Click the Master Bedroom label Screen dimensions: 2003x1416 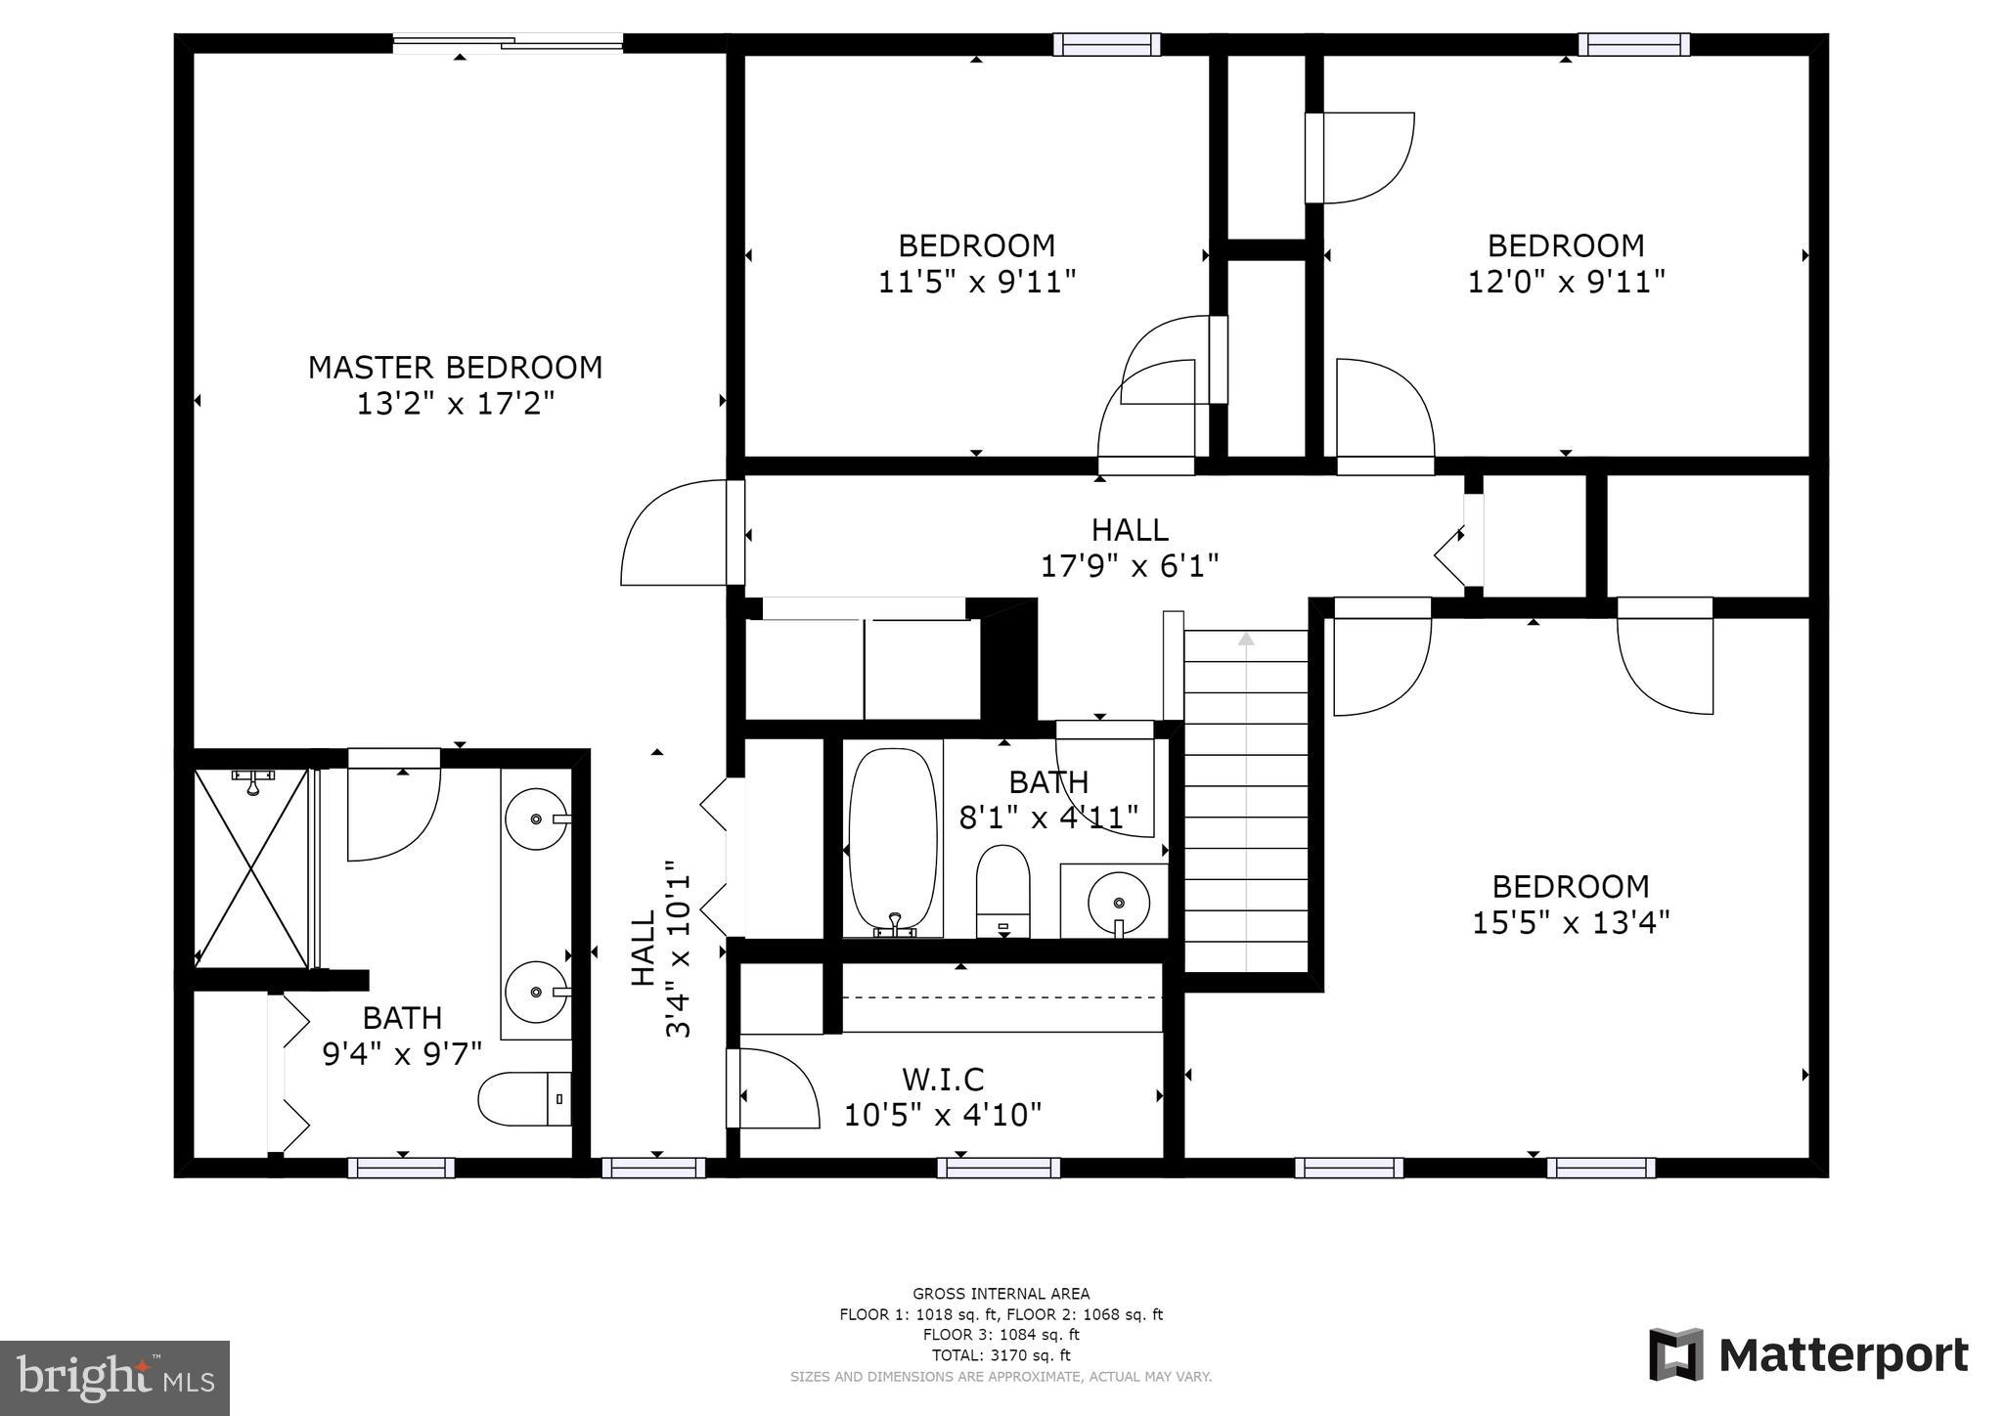coord(455,368)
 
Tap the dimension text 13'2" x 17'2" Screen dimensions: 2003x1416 coord(455,403)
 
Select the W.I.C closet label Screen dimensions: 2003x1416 coord(943,1080)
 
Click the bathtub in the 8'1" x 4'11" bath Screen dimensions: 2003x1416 coord(893,842)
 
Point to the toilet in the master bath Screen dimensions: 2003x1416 coord(524,1099)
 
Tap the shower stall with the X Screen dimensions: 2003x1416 coord(251,868)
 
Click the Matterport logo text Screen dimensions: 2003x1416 coord(1844,1356)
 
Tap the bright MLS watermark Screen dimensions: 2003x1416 coord(115,1378)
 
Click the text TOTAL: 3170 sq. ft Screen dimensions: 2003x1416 coord(1001,1355)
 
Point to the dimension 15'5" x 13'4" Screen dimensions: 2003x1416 coord(1571,922)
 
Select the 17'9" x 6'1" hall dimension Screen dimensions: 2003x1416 coord(1130,565)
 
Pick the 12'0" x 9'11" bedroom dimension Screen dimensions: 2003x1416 coord(1566,282)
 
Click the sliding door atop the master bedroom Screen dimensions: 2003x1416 coord(508,42)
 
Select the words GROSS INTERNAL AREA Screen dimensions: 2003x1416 coord(1001,1294)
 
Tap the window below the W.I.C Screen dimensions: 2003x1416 coord(999,1168)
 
